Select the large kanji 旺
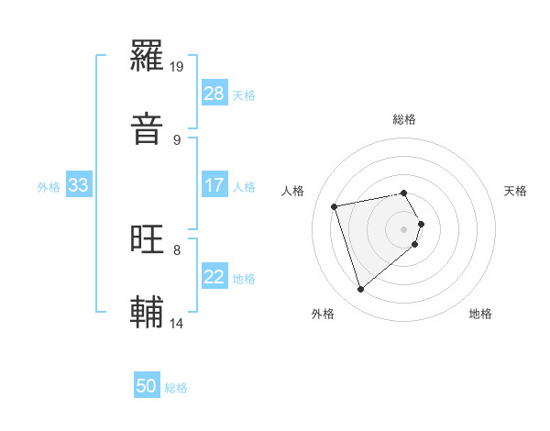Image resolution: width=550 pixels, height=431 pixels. coord(148,240)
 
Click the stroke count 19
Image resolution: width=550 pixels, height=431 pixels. coord(177,67)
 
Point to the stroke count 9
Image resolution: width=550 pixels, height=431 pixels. coord(176,139)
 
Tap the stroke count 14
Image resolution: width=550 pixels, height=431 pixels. coord(177,323)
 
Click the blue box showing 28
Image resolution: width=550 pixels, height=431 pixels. coord(214,94)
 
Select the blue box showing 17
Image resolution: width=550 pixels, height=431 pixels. coord(214,185)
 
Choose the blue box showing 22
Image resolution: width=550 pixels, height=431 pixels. coord(214,277)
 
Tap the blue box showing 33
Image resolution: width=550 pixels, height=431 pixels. coord(79,185)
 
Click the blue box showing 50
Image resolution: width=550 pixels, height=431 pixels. coord(147,386)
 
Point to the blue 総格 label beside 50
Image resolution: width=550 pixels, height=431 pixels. coord(176,388)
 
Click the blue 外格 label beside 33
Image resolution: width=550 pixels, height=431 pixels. coord(49,187)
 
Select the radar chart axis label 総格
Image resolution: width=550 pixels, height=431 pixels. coord(404,119)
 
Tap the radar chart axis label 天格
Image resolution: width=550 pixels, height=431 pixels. coord(516,191)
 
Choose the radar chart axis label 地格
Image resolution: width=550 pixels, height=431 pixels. coord(480,314)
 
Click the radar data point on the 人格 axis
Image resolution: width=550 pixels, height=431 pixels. coord(335,205)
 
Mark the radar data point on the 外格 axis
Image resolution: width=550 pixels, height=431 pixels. coord(361,290)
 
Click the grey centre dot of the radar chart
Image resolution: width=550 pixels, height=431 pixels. coord(404,227)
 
